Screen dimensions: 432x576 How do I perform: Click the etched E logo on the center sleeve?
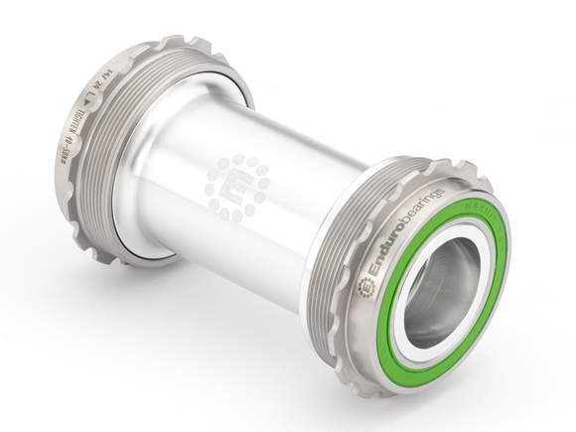[236, 186]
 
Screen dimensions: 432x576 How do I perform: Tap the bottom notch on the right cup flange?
[397, 386]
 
